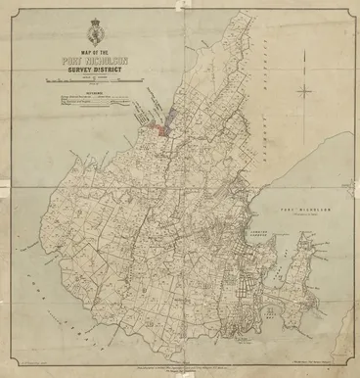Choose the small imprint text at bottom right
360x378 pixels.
pyautogui.click(x=318, y=359)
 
